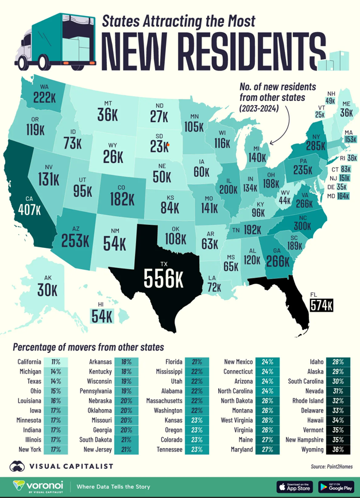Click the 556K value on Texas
pos(164,279)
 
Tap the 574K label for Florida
pos(322,306)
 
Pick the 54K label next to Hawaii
pos(102,315)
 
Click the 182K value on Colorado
pos(122,199)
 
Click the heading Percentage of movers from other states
pos(88,347)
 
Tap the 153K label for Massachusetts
pos(350,139)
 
